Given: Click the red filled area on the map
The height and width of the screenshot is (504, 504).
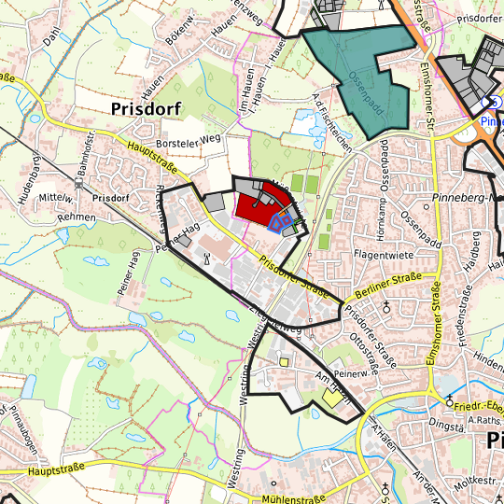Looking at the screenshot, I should point(257,206).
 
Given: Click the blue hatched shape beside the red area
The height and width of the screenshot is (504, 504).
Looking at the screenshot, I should point(277,220).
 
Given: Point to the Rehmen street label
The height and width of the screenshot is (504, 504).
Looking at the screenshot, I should point(50,217).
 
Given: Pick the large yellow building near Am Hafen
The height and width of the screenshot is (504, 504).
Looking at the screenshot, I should point(332,398).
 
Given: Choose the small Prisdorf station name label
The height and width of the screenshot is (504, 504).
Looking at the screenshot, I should point(110,198).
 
